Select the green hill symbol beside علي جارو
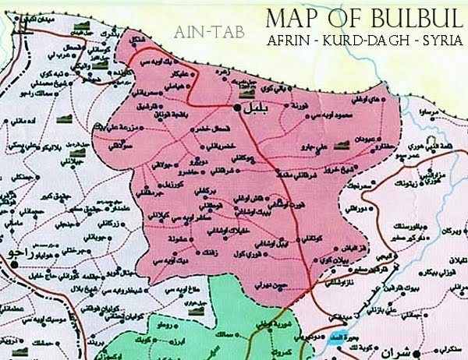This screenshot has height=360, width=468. click(340, 143)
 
